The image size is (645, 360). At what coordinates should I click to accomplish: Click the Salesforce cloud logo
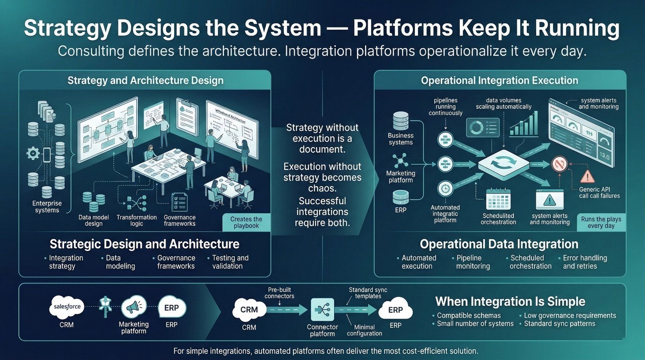pyautogui.click(x=67, y=307)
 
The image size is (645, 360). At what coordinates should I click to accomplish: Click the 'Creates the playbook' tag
pyautogui.click(x=246, y=222)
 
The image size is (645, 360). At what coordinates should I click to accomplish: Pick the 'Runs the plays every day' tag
pyautogui.click(x=601, y=222)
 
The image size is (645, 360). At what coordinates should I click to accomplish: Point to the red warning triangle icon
pyautogui.click(x=587, y=176)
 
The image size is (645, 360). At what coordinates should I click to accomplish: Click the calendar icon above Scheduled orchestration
pyautogui.click(x=498, y=200)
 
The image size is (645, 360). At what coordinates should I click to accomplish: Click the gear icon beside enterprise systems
pyautogui.click(x=33, y=153)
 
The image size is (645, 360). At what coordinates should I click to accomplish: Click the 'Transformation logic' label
pyautogui.click(x=136, y=220)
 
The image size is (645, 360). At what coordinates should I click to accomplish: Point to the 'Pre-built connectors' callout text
pyautogui.click(x=279, y=293)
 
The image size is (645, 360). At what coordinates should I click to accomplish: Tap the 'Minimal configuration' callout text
pyautogui.click(x=365, y=330)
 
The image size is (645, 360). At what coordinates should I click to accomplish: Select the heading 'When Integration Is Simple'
pyautogui.click(x=510, y=302)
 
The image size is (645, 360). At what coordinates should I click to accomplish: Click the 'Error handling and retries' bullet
pyautogui.click(x=584, y=262)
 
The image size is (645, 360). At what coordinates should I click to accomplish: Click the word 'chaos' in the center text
pyautogui.click(x=322, y=188)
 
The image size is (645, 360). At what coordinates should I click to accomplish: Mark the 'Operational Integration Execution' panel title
pyautogui.click(x=499, y=80)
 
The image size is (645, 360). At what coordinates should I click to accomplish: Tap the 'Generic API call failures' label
pyautogui.click(x=599, y=192)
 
